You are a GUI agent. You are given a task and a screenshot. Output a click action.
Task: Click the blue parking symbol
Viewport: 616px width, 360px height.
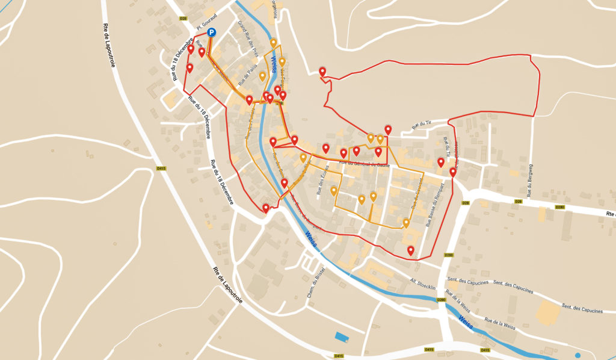[x=211, y=33]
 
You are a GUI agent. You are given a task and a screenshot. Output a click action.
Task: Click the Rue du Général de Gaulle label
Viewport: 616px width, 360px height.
[x=365, y=164]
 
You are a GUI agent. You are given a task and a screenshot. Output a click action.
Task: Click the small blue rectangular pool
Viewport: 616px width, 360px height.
[x=341, y=337]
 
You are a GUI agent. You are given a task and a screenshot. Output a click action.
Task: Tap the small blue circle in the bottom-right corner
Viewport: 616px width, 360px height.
[x=578, y=355]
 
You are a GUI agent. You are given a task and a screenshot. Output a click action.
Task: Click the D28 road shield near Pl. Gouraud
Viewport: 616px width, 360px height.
[x=183, y=19]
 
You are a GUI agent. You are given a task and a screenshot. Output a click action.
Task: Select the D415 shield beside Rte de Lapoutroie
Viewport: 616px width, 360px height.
[x=161, y=169]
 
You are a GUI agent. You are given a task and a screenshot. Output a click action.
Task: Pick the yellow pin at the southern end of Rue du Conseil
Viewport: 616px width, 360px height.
[x=406, y=223]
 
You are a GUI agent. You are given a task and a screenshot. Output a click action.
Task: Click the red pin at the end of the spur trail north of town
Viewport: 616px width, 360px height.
[x=322, y=72]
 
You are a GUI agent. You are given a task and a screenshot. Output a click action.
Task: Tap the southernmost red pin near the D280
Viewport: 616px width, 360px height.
[x=411, y=250]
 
